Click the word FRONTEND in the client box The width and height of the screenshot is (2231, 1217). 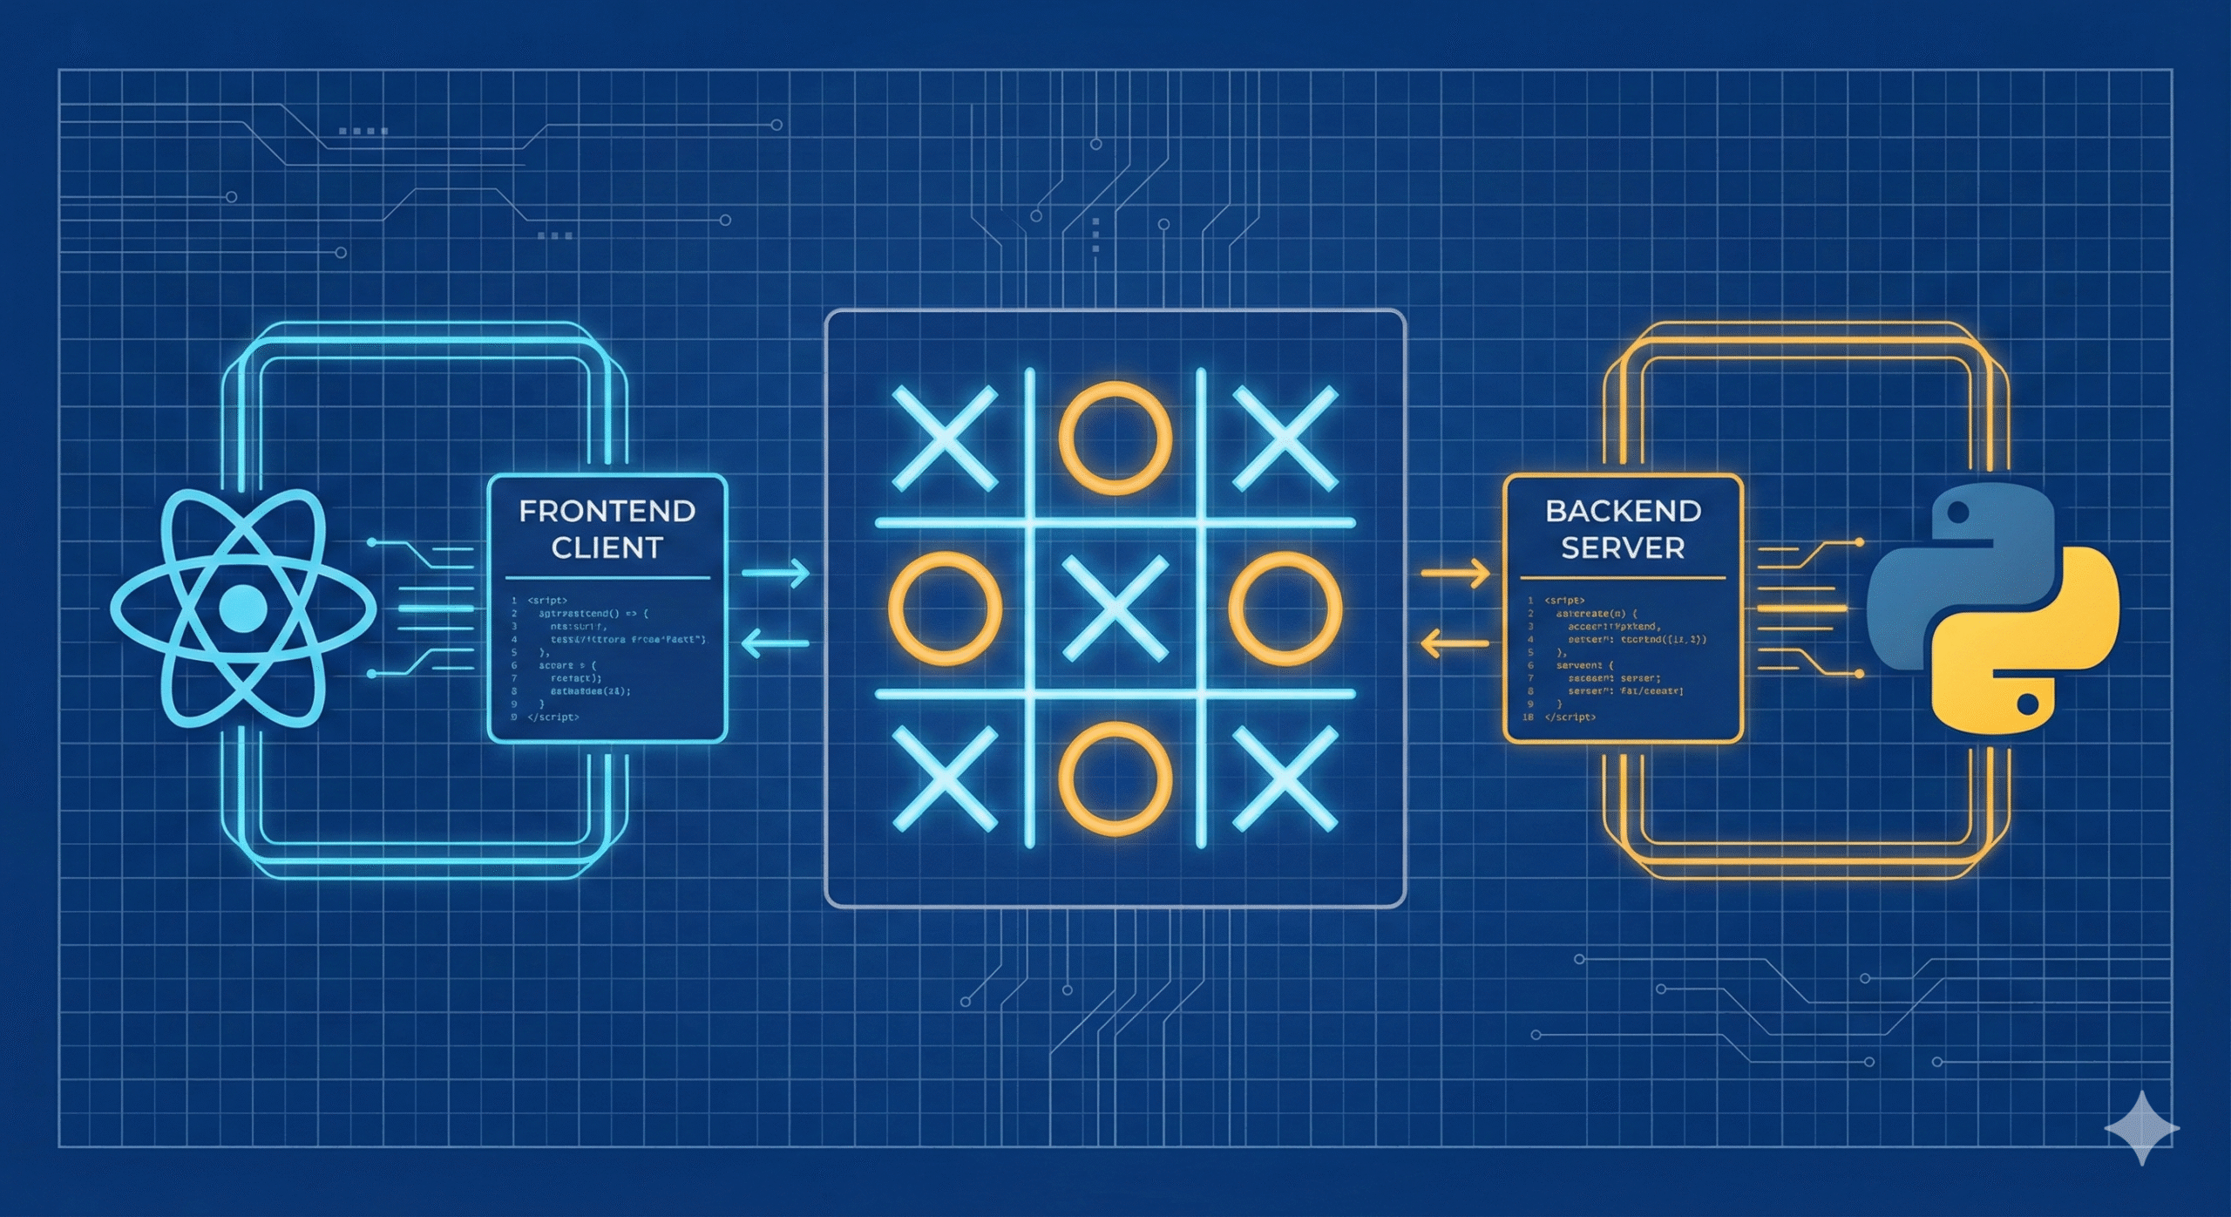(607, 511)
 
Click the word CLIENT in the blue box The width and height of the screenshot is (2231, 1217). (607, 548)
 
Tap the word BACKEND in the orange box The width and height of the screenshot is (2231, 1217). (1623, 511)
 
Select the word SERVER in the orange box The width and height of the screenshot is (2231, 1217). (1623, 548)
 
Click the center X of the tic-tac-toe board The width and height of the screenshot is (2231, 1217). (1115, 608)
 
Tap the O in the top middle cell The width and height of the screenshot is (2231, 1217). (1115, 439)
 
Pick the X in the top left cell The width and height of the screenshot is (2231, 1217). (945, 439)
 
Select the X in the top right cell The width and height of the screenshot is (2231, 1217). (1285, 439)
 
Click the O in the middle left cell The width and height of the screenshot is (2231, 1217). (945, 608)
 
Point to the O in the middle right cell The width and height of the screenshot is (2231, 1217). (1285, 608)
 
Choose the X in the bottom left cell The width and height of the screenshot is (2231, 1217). (945, 778)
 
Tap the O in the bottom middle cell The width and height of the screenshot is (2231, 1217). (1115, 778)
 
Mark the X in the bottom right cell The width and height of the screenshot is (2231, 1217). (1285, 778)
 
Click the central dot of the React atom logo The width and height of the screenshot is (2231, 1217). (243, 608)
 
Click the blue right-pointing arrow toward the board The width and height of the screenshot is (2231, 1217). (776, 574)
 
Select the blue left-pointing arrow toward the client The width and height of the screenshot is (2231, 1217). (776, 644)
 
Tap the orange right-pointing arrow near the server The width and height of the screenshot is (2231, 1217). (1455, 574)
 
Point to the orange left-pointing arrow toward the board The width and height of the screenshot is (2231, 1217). (1455, 644)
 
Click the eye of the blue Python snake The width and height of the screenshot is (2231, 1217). (1957, 514)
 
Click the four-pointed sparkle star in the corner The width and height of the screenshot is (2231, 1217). (2142, 1128)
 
